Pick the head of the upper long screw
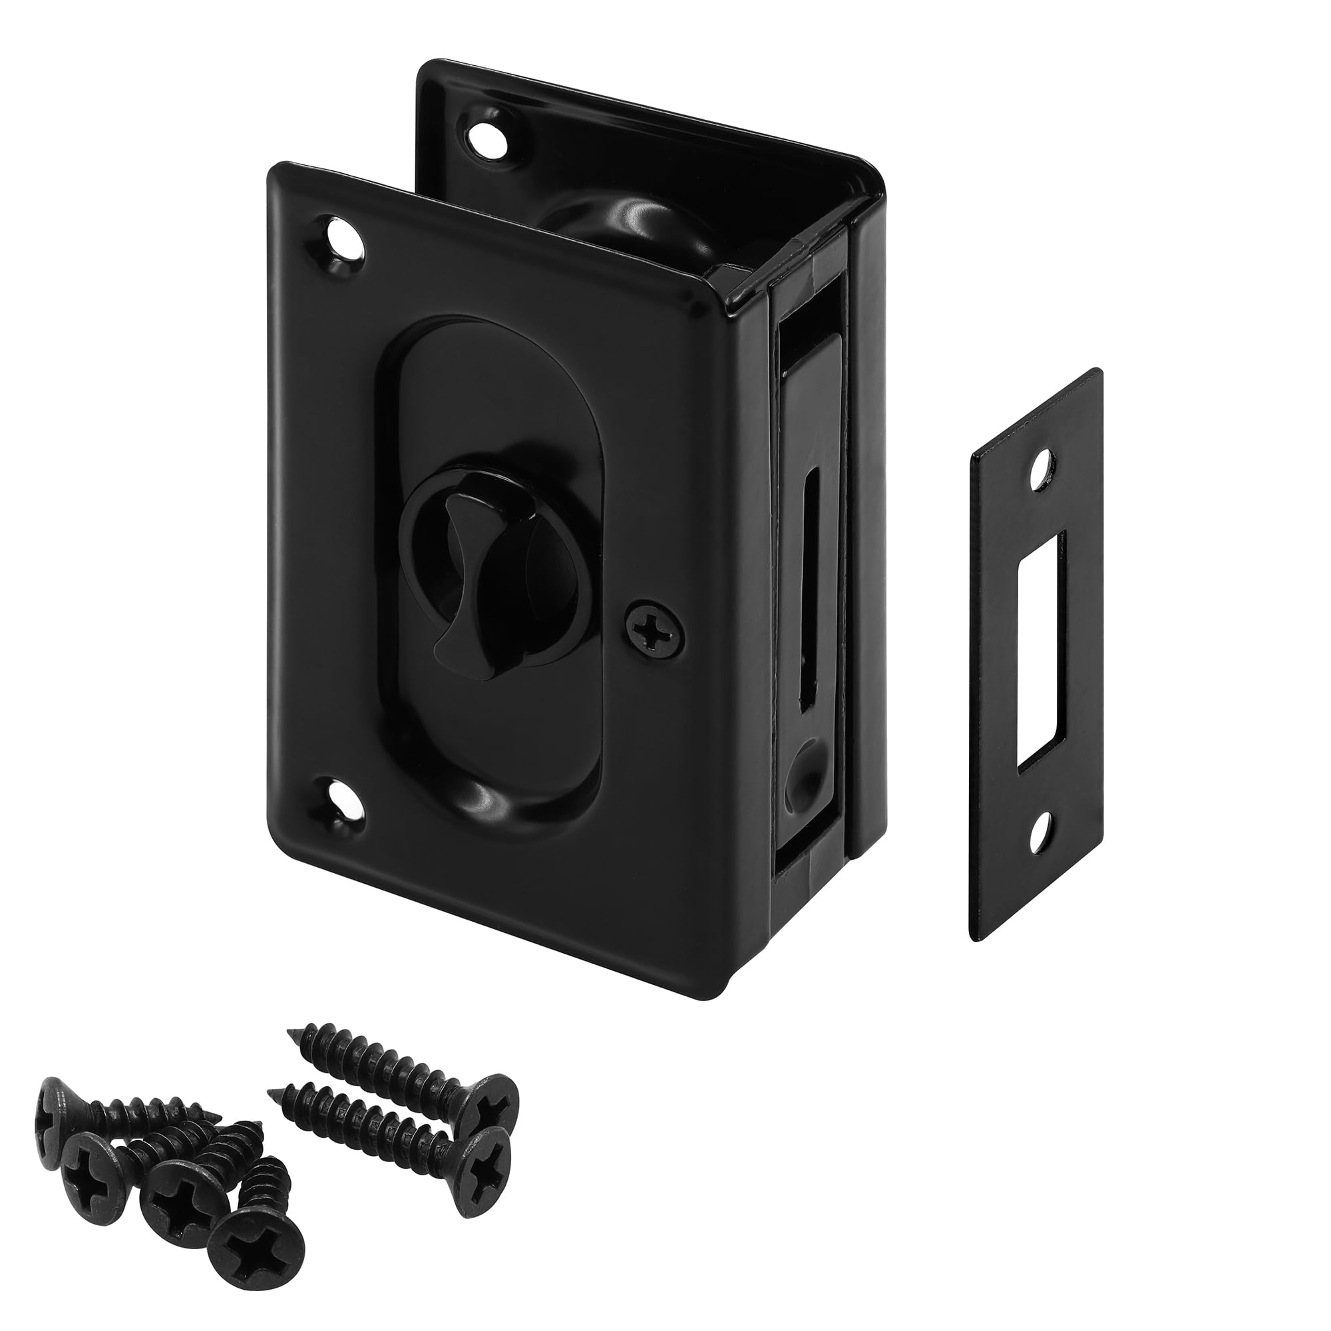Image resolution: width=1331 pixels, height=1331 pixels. click(487, 1110)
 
